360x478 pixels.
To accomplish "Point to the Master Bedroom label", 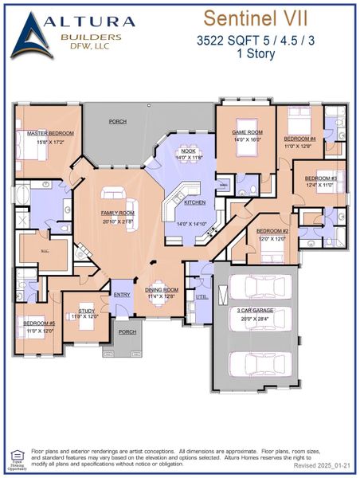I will pos(49,134).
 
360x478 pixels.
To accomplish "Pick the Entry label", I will pos(122,294).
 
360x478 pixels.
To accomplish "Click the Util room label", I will pos(201,296).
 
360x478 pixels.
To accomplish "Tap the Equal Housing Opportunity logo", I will pos(17,456).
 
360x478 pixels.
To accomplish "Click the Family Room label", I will pos(117,214).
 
